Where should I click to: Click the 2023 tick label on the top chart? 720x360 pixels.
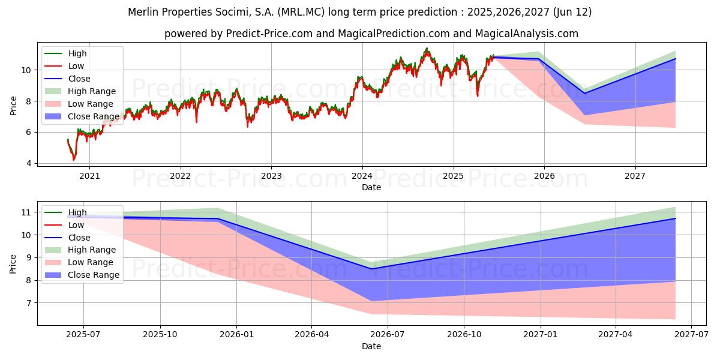271,176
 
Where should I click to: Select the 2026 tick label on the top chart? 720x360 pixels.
544,176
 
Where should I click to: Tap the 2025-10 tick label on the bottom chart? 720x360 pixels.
160,335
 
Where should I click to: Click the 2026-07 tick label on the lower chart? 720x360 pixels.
388,335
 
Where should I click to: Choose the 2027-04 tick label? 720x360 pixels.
615,335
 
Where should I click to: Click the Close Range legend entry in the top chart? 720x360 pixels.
82,116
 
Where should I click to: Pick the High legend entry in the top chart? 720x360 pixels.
65,53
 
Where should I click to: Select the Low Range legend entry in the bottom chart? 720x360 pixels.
79,262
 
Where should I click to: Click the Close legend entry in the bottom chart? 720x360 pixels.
67,238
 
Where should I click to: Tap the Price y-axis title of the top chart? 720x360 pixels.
13,106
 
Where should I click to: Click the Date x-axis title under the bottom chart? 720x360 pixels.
371,346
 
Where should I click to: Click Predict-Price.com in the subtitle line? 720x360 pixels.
269,34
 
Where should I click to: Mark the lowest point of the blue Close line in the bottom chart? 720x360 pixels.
371,269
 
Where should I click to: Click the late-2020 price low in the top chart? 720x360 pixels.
74,160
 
